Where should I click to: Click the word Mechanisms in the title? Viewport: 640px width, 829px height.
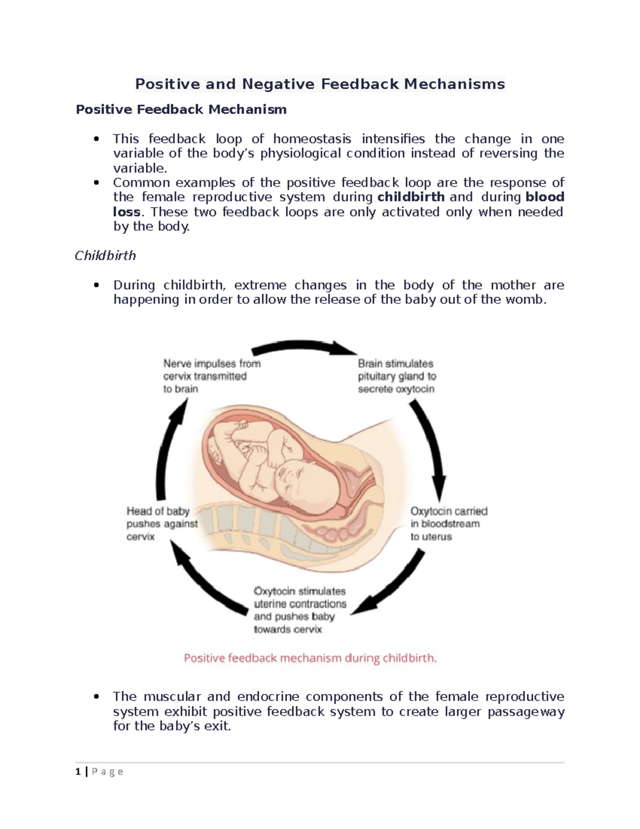click(x=454, y=84)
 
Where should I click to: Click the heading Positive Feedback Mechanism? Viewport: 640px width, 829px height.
click(x=181, y=109)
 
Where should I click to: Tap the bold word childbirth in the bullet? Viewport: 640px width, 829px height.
click(x=411, y=197)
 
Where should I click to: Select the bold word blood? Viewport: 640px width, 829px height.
click(x=545, y=197)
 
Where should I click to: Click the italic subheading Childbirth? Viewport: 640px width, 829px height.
click(x=105, y=256)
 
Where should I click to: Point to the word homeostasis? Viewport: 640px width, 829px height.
click(x=312, y=139)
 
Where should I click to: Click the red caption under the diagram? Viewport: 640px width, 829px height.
click(x=310, y=658)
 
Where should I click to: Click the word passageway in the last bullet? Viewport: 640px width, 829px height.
click(x=526, y=712)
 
